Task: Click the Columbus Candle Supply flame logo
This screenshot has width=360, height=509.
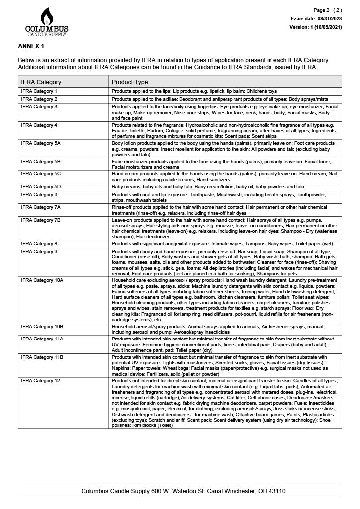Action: [47, 22]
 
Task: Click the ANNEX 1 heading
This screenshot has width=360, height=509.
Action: [31, 46]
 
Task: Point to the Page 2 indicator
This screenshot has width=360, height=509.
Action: [328, 10]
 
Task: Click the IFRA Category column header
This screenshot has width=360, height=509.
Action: [41, 82]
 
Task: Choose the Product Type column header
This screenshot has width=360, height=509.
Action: [130, 82]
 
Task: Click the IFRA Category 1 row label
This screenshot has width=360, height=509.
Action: [39, 92]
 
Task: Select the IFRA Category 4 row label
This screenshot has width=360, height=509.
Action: [39, 125]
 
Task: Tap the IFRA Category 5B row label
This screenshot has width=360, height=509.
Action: [41, 162]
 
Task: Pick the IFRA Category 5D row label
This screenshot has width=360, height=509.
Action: [41, 187]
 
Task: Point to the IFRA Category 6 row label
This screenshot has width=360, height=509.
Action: [39, 195]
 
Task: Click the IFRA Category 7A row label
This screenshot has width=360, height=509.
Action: [41, 207]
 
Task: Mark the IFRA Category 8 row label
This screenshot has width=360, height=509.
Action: [39, 244]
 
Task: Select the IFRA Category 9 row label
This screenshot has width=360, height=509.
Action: [39, 252]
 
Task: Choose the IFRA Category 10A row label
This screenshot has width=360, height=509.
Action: [42, 280]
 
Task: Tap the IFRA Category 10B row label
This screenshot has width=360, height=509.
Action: [42, 326]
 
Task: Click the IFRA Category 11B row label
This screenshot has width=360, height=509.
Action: [42, 357]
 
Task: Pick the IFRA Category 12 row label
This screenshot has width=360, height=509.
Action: [41, 381]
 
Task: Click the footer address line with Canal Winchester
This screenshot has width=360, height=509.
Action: [183, 491]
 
